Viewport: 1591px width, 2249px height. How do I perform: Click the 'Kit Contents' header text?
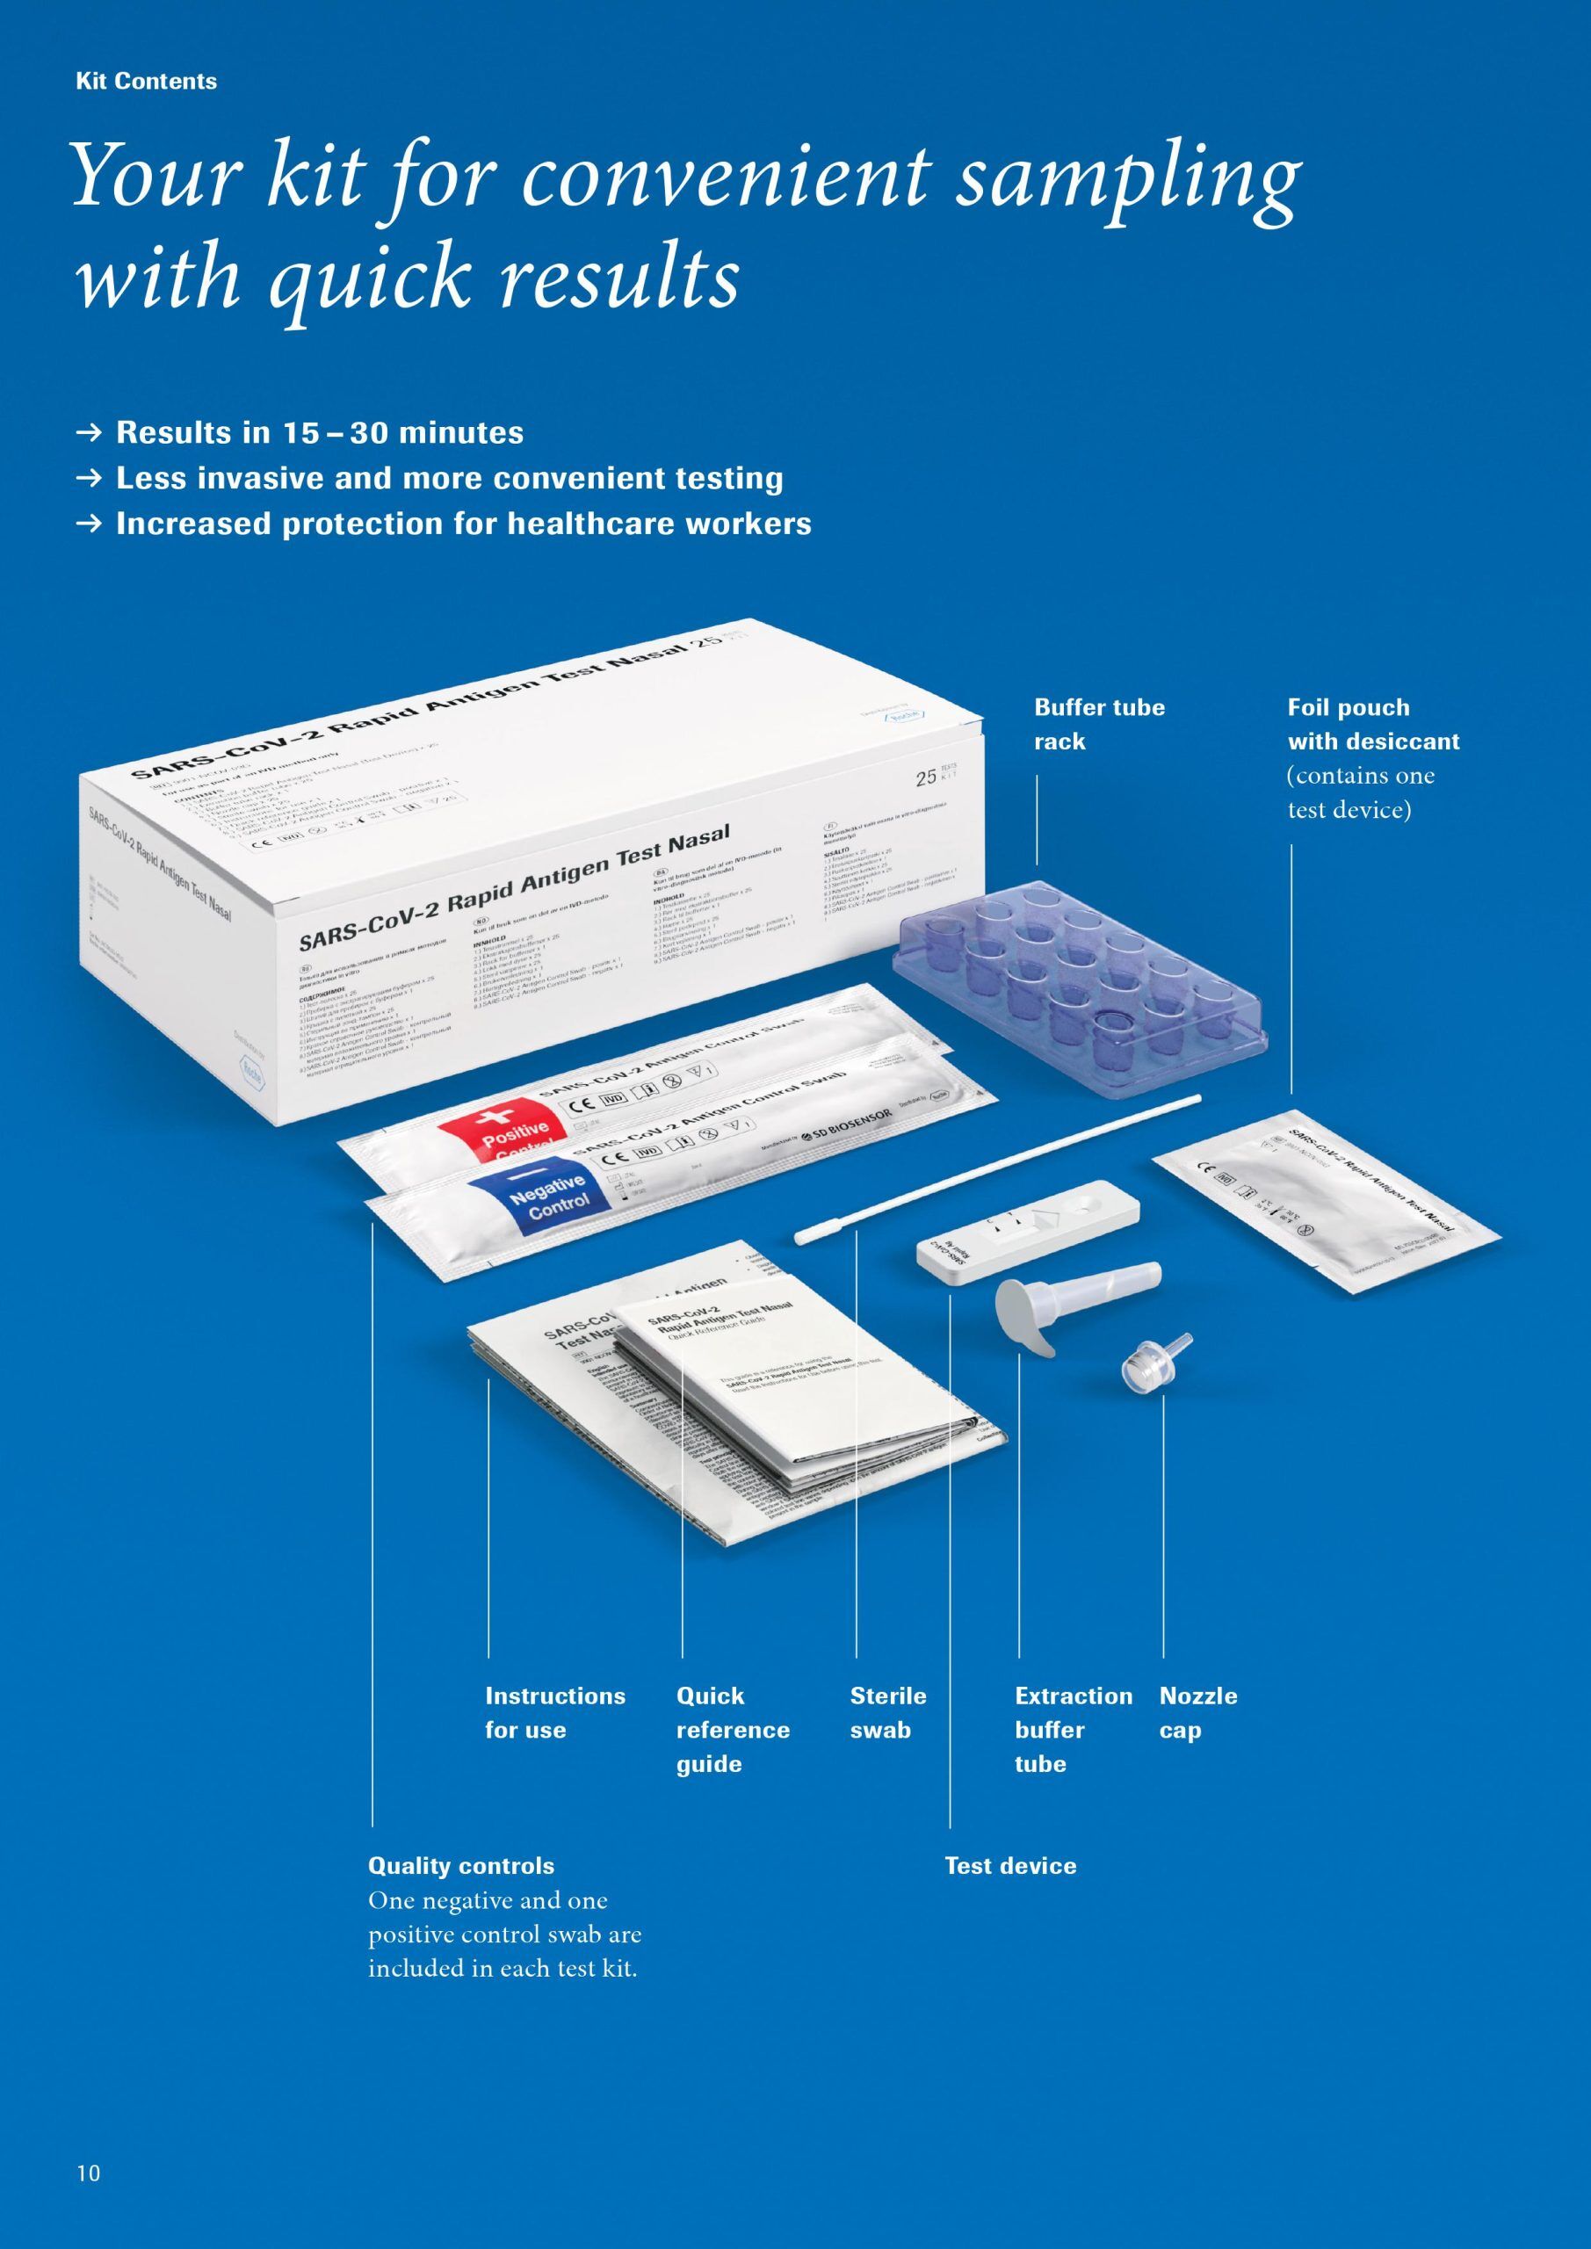(x=146, y=82)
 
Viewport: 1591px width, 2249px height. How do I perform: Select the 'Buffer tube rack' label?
(x=1099, y=724)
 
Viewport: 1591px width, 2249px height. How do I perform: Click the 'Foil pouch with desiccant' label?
(x=1372, y=724)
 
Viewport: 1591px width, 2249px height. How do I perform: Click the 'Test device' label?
(x=1010, y=1866)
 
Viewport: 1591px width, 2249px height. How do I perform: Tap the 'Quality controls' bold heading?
(x=460, y=1866)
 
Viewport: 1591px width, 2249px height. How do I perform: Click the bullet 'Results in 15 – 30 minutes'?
(x=320, y=433)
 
